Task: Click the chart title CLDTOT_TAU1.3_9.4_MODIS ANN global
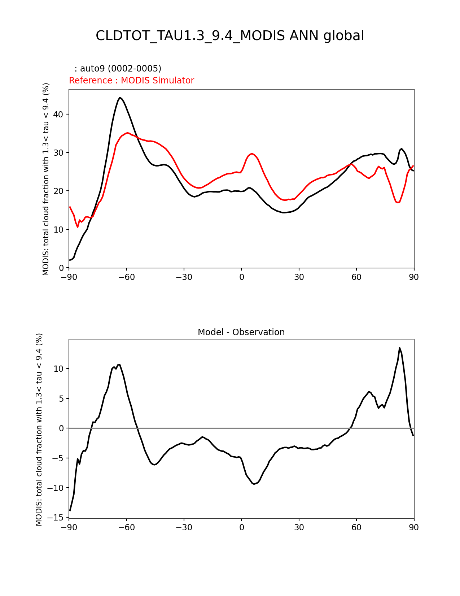point(230,36)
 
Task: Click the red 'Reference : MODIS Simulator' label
point(131,81)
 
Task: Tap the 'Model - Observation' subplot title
point(241,332)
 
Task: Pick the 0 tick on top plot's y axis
point(62,268)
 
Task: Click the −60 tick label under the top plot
point(126,277)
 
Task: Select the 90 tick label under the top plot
point(414,277)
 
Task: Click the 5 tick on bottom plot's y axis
point(62,398)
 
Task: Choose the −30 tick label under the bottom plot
point(184,528)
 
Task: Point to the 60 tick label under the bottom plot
point(356,528)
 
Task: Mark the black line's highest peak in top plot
point(120,98)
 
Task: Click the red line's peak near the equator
point(252,154)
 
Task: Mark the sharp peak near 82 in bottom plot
point(399,348)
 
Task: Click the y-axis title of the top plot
point(46,179)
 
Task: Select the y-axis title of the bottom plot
point(39,429)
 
